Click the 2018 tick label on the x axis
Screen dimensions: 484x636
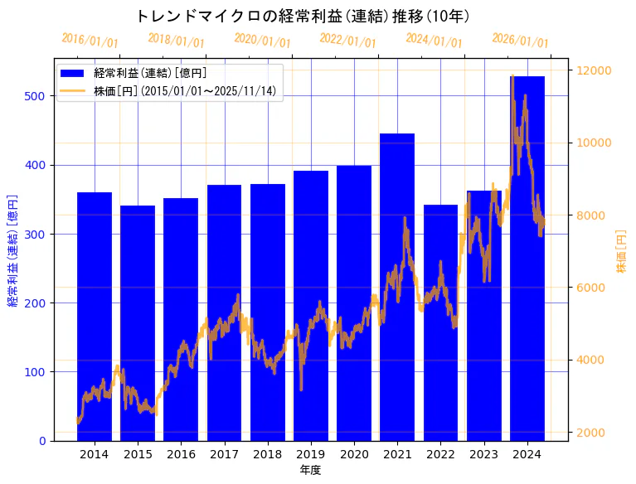267,454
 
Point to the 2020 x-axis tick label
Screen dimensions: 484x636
354,454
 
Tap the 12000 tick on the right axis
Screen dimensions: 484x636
595,70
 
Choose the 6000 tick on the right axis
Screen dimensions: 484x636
592,288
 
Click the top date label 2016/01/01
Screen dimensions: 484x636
90,41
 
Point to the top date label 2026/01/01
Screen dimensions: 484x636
520,41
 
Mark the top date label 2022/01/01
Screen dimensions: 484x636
347,41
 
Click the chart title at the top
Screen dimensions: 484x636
302,16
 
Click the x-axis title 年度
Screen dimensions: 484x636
310,470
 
